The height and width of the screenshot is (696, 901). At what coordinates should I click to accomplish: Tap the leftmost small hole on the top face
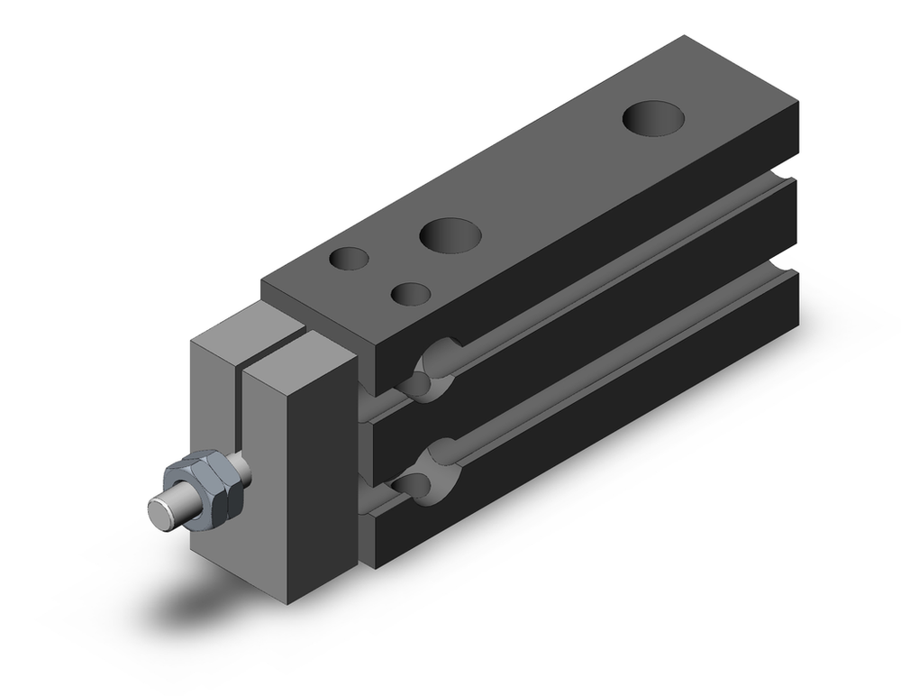pos(349,259)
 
